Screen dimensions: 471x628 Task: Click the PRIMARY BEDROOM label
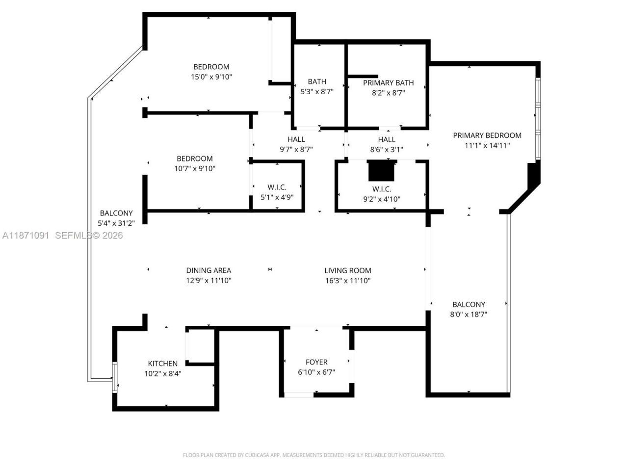[487, 135]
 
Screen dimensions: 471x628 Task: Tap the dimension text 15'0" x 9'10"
[211, 77]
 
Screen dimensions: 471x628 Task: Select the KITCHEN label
[162, 364]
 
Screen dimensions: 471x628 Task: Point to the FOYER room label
[316, 362]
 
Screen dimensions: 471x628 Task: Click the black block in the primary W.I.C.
[382, 171]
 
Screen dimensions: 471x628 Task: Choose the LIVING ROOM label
[347, 270]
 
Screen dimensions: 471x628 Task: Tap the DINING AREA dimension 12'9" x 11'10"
[209, 281]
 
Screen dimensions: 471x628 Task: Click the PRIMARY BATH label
[388, 83]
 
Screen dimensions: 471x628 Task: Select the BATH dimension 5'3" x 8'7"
[317, 91]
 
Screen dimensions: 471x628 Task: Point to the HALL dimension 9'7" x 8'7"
[296, 149]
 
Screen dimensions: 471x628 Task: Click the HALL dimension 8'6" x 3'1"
[387, 149]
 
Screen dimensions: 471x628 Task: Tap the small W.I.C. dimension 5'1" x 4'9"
[277, 197]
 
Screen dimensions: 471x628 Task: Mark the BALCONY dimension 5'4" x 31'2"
[116, 223]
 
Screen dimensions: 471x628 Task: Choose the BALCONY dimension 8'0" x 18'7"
[469, 314]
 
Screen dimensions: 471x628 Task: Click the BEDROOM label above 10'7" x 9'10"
[195, 158]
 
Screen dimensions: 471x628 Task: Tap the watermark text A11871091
[26, 235]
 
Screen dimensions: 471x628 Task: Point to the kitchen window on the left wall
[115, 377]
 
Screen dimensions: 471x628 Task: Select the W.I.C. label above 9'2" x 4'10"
[381, 189]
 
